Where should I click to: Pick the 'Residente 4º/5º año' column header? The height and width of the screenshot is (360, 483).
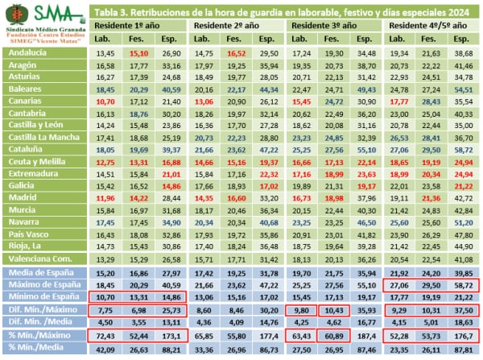point(431,25)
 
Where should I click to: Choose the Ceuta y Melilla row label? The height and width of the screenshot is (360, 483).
point(39,163)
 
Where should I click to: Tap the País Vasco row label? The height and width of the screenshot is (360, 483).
point(31,235)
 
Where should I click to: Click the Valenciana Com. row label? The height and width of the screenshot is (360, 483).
point(41,259)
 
